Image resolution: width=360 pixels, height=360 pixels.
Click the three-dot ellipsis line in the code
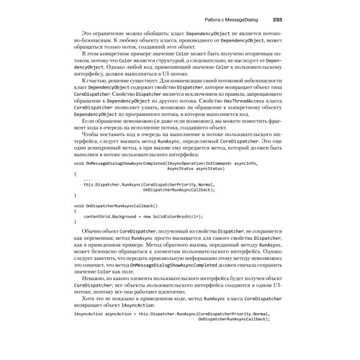coord(86,180)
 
